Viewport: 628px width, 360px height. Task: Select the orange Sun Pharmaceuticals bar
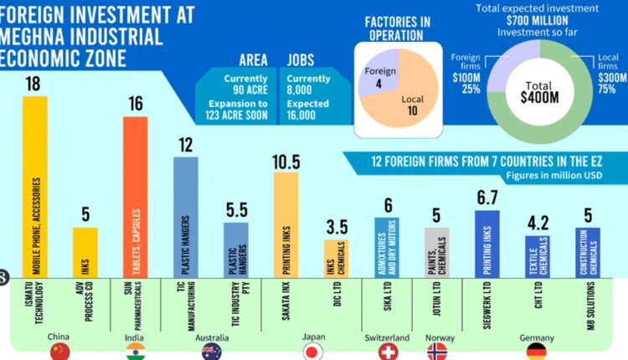135,196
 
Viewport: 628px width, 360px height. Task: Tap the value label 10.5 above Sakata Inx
286,159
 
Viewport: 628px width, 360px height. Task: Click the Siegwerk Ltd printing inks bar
486,243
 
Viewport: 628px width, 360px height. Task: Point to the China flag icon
59,352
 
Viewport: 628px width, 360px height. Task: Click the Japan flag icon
313,352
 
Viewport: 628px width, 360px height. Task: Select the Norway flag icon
438,352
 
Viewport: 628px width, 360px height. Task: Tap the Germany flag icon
537,352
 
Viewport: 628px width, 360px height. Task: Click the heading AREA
253,61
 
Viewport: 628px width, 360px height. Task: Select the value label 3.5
337,227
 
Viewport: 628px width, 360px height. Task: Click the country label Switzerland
386,337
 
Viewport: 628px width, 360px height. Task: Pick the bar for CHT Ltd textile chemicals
537,255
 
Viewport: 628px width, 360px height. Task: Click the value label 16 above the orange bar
136,104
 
